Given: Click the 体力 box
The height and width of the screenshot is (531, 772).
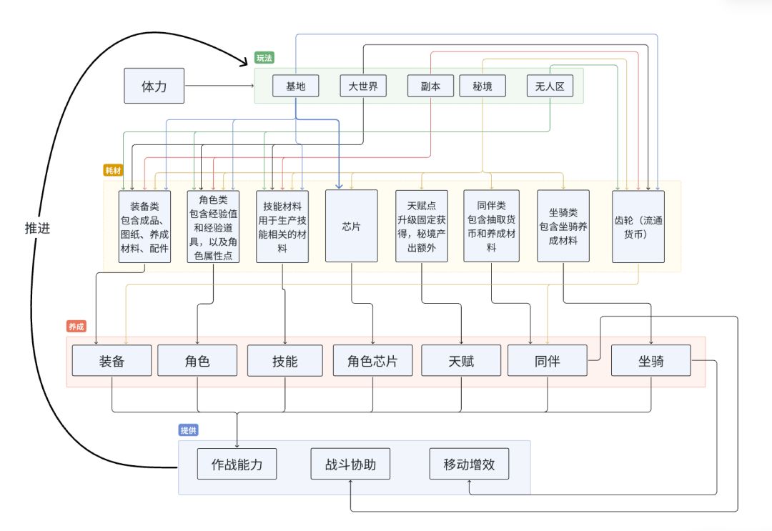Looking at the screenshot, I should tap(154, 86).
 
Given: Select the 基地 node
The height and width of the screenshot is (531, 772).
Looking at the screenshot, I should tap(295, 86).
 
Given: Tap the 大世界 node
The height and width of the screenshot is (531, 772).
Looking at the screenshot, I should tap(362, 86).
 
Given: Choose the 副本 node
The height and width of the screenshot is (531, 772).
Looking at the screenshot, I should tap(430, 86).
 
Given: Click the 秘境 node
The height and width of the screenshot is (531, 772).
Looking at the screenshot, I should tap(482, 86).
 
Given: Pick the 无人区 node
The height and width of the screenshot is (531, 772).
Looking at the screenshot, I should tap(550, 86).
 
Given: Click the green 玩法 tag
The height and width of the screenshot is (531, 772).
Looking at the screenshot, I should tap(264, 57).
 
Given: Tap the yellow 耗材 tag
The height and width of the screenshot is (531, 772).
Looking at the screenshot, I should tap(114, 171).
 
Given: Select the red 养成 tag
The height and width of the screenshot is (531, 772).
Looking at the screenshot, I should tap(76, 326).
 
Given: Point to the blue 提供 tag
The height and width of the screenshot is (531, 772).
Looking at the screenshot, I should tap(189, 430).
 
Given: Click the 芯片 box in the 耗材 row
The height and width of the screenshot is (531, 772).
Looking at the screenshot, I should tap(351, 226).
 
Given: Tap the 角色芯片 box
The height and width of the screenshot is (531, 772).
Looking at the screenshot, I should tap(372, 361).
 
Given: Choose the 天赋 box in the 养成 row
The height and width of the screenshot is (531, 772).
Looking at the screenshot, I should tap(461, 361).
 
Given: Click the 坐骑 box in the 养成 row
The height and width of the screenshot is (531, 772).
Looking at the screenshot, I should tap(651, 361).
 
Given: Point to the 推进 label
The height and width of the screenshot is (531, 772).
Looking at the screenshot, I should tap(36, 229).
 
